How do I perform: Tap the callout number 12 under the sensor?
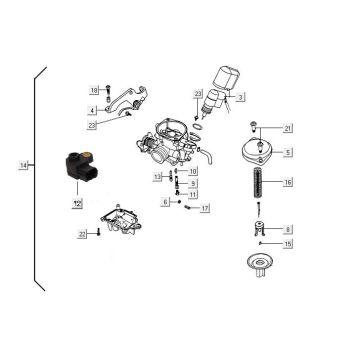[76, 203]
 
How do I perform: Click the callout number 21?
[288, 128]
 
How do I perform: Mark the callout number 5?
[288, 152]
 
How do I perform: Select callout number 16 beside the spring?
[288, 183]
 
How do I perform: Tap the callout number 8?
[288, 230]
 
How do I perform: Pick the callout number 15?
[288, 244]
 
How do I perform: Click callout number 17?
[205, 209]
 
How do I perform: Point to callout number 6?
[165, 201]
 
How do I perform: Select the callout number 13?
[157, 176]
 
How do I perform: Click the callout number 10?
[192, 171]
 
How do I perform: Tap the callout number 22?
[82, 234]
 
